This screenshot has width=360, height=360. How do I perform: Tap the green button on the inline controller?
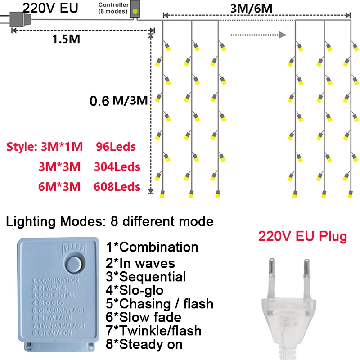[x=135, y=9]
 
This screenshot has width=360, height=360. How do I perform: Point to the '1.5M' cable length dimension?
[x=66, y=39]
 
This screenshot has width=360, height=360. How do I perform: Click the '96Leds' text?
[x=116, y=147]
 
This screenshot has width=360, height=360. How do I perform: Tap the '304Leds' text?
[x=117, y=167]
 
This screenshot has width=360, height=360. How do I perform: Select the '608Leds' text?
[x=117, y=187]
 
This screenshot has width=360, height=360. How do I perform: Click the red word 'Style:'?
[x=22, y=147]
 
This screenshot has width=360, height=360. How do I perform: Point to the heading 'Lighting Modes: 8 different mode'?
[x=110, y=221]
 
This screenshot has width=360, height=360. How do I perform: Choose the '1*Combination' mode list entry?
[x=152, y=247]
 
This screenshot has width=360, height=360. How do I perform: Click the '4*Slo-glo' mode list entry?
[x=135, y=290]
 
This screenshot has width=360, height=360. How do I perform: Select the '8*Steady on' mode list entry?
[x=144, y=345]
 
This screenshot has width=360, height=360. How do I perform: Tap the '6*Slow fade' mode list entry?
[x=144, y=317]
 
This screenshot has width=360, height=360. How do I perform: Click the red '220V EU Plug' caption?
[x=302, y=237]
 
